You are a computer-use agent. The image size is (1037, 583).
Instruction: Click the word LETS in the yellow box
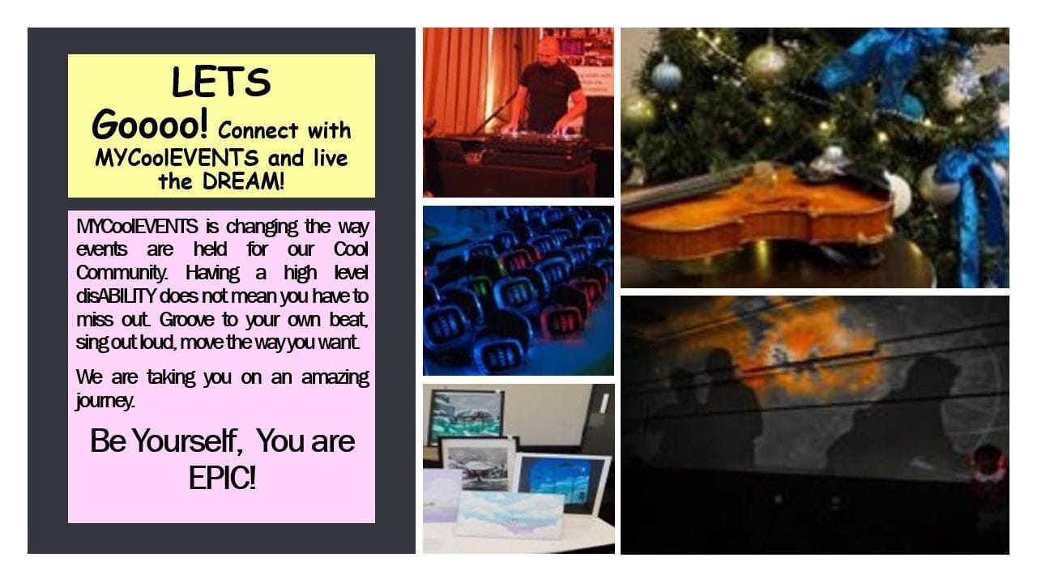221,82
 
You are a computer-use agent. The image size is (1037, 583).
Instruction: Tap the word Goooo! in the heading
149,125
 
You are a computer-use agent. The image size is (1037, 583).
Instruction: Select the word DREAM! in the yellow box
243,181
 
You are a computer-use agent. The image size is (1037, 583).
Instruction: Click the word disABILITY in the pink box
115,296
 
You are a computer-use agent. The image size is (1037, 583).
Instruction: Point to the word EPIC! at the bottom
222,478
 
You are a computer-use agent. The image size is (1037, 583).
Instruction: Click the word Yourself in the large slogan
186,441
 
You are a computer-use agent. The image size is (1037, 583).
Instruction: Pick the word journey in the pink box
105,401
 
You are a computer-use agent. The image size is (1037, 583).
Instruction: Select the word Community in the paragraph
122,273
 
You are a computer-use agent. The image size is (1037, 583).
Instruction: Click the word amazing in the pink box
335,377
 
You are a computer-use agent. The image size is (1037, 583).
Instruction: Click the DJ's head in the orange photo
550,49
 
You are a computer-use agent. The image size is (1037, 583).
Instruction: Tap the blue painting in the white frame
561,480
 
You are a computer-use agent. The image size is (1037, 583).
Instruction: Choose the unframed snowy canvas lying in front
510,514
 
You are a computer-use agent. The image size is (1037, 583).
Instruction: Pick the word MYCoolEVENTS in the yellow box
177,158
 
